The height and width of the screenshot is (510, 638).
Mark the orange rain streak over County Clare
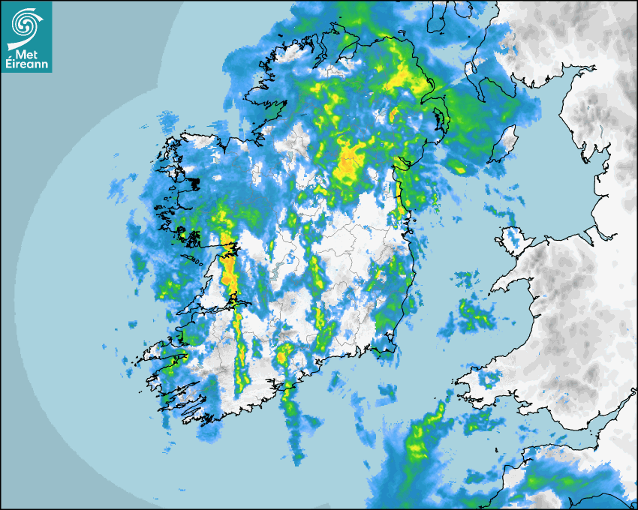228,270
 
